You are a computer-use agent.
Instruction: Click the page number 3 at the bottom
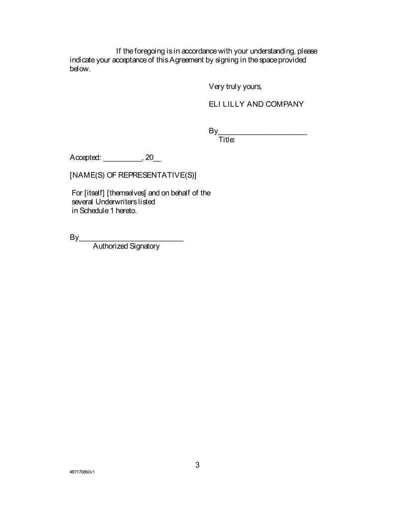(197, 465)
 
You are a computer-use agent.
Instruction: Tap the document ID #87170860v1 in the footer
(82, 472)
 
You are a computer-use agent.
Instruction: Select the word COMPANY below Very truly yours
(283, 104)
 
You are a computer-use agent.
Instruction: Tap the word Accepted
(85, 158)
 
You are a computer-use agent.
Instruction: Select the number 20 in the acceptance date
(149, 158)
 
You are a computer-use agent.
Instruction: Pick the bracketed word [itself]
(95, 193)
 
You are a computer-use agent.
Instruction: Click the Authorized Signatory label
(126, 246)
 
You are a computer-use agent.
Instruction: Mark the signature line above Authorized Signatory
(131, 240)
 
